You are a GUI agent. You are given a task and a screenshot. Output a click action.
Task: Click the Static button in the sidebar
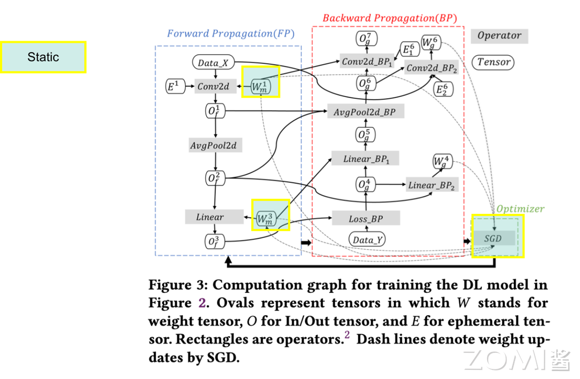(x=44, y=57)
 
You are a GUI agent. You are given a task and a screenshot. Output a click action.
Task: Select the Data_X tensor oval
(x=213, y=63)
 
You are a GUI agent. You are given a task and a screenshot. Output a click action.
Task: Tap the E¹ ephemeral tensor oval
(x=173, y=86)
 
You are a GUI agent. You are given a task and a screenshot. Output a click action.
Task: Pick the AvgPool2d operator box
(x=213, y=145)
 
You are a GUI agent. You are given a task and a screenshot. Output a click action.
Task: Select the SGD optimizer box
(x=497, y=238)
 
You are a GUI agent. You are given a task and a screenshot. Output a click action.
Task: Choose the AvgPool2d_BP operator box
(x=365, y=112)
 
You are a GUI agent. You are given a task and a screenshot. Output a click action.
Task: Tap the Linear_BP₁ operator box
(x=365, y=159)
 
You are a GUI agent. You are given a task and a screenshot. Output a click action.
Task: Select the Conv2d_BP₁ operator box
(x=368, y=62)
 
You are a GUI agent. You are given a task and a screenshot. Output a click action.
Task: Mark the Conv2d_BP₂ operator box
(x=432, y=68)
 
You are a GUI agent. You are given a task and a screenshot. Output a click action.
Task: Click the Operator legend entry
(x=499, y=36)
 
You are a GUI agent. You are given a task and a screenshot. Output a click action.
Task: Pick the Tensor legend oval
(x=494, y=62)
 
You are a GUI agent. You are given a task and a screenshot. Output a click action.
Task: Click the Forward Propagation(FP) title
(x=230, y=33)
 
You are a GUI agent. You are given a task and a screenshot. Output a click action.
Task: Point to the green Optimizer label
(x=520, y=209)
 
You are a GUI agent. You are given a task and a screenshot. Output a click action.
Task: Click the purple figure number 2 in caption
(x=202, y=303)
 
